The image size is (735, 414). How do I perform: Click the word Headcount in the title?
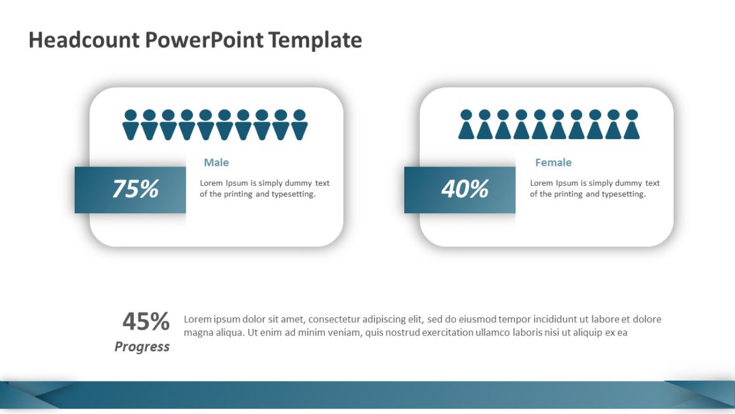pos(84,41)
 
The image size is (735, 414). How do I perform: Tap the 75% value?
pos(135,189)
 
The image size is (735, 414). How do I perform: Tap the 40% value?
pos(465,189)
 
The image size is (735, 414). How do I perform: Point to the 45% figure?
pos(146,322)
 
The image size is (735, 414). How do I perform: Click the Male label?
pos(216,163)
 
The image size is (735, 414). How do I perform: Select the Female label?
pos(553,163)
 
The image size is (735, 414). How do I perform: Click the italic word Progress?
pos(142,347)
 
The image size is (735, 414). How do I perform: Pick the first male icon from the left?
pos(130,125)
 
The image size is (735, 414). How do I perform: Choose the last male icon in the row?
pos(300,125)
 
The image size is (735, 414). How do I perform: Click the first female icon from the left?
pos(466,125)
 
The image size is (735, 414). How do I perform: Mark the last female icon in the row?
pos(632,125)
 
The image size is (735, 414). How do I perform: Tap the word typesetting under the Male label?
pos(293,194)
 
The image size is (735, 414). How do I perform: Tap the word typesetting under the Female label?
pos(624,194)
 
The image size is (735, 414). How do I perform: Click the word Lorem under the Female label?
pos(542,183)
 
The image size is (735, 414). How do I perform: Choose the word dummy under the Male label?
pos(299,183)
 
